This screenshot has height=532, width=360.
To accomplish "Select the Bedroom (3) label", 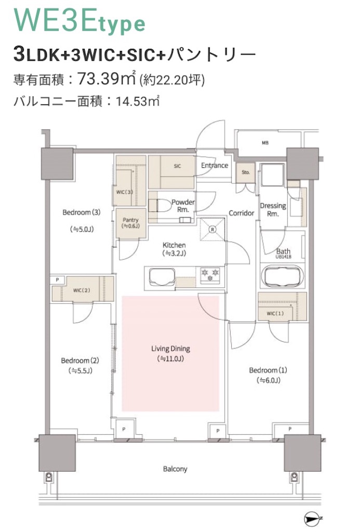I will coord(81,212).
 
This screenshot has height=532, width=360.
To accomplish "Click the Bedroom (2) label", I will coord(79,361).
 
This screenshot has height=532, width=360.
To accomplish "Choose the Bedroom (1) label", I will coord(268,370).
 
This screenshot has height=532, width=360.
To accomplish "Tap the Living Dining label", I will coord(170,349).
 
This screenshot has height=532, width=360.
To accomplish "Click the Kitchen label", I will coord(175,245).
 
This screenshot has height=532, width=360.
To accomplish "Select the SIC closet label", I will coord(177,166).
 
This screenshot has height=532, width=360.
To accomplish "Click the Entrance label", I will coord(215,166).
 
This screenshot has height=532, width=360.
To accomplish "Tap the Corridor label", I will coord(241,213).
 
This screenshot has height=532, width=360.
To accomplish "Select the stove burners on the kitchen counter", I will coord(210,274).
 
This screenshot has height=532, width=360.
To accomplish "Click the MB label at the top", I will coord(265,142).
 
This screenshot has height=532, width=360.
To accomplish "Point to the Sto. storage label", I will coord(245,172).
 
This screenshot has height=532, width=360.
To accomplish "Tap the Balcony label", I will coord(175,469).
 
